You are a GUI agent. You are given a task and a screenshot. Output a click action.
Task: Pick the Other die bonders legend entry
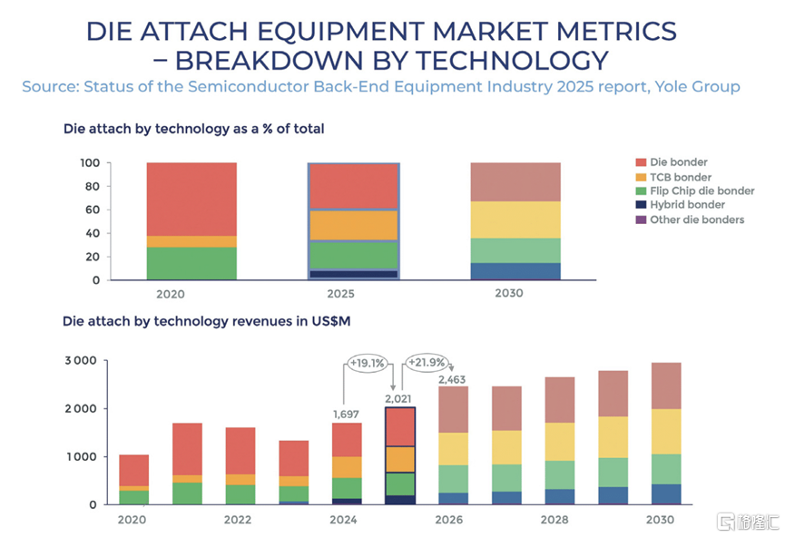697,220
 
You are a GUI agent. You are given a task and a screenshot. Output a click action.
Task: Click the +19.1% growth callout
368,363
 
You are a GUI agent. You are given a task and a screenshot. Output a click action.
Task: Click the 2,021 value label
400,398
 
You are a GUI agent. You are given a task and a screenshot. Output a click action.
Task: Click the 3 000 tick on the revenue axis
79,361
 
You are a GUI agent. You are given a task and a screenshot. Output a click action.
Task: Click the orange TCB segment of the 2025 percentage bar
353,225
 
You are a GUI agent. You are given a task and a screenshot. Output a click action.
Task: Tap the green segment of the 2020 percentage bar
191,263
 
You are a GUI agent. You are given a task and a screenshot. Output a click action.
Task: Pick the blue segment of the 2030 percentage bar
515,271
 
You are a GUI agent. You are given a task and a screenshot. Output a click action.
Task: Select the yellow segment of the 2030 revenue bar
665,432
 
